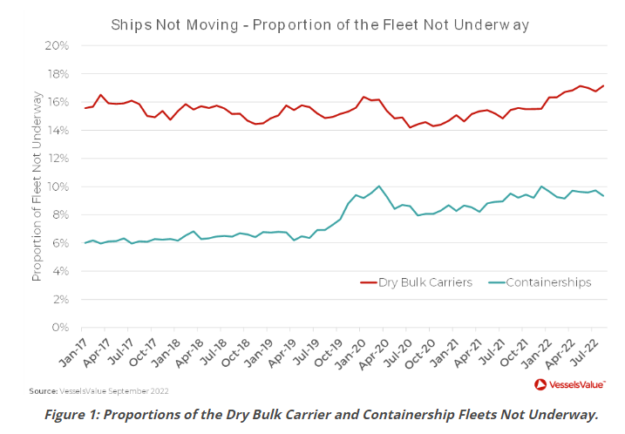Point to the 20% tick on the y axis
[x=57, y=45]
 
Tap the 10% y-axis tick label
[x=57, y=186]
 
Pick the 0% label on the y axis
[x=60, y=328]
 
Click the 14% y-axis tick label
[x=57, y=130]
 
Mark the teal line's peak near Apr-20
[x=378, y=186]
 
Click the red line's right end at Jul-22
[x=603, y=85]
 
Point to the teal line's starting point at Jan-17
[x=85, y=242]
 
